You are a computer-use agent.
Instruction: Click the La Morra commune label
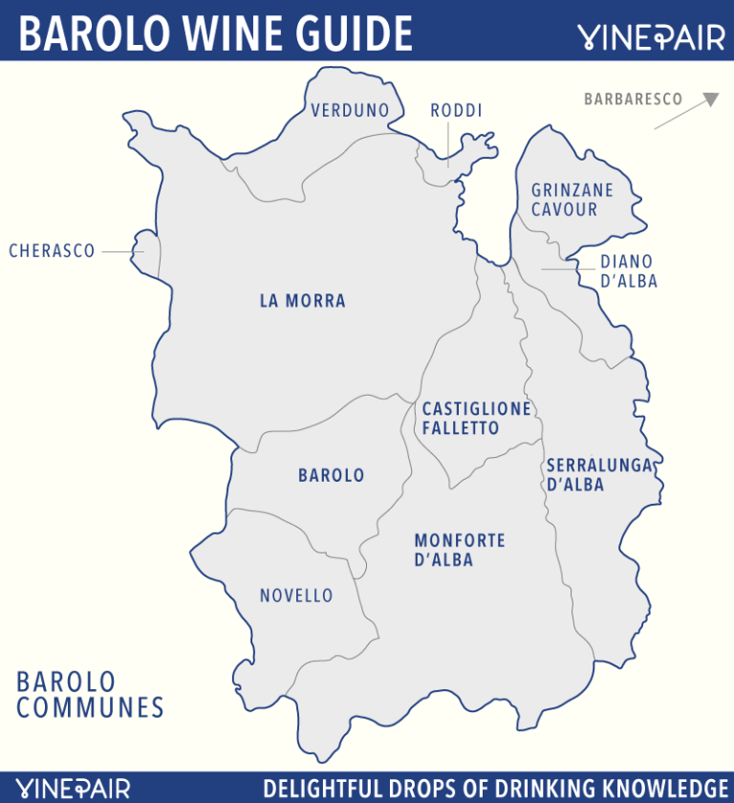coord(302,301)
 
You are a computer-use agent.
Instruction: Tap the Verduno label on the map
coord(350,111)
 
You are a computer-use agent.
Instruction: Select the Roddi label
coord(456,111)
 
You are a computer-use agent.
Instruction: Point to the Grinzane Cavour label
coord(572,200)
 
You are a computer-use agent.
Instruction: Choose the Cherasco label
coord(52,251)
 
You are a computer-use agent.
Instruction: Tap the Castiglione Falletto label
coord(476,419)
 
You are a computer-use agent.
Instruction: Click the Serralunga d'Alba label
coord(599,475)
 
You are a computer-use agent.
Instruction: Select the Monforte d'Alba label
coord(459,551)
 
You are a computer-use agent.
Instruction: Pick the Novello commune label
coord(296,597)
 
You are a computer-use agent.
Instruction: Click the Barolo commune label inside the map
coord(331,475)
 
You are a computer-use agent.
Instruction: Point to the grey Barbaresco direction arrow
coord(686,111)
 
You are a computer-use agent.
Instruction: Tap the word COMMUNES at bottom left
coord(90,708)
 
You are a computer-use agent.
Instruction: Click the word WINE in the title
coord(227,33)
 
